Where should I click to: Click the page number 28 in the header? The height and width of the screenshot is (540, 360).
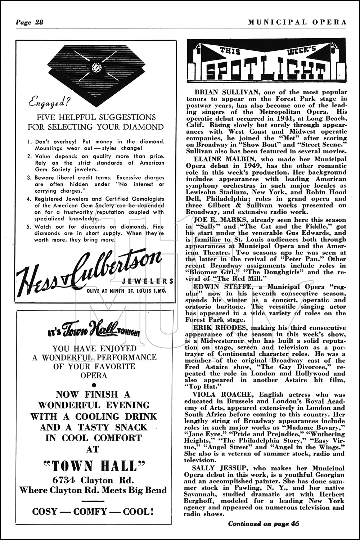(39, 22)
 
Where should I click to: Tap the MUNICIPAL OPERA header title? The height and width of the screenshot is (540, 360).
(297, 22)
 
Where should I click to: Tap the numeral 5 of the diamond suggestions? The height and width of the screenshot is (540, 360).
(30, 227)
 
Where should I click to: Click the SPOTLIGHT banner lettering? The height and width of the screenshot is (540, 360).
(266, 70)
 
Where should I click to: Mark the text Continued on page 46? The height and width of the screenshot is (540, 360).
(264, 524)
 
